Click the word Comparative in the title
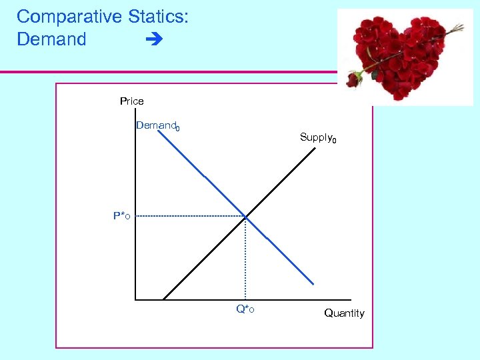[x=68, y=17]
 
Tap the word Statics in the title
[x=157, y=17]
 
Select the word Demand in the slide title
[x=51, y=39]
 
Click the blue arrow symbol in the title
[x=153, y=40]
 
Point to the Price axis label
[x=131, y=101]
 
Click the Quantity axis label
[x=344, y=313]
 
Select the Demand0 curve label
[x=157, y=126]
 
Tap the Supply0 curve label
[x=318, y=138]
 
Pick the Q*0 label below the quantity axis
[x=245, y=309]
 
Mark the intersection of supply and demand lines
[x=245, y=216]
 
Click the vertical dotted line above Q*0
[x=245, y=260]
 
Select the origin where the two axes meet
[x=135, y=299]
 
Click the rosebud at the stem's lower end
[x=353, y=79]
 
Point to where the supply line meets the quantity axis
[x=163, y=299]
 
